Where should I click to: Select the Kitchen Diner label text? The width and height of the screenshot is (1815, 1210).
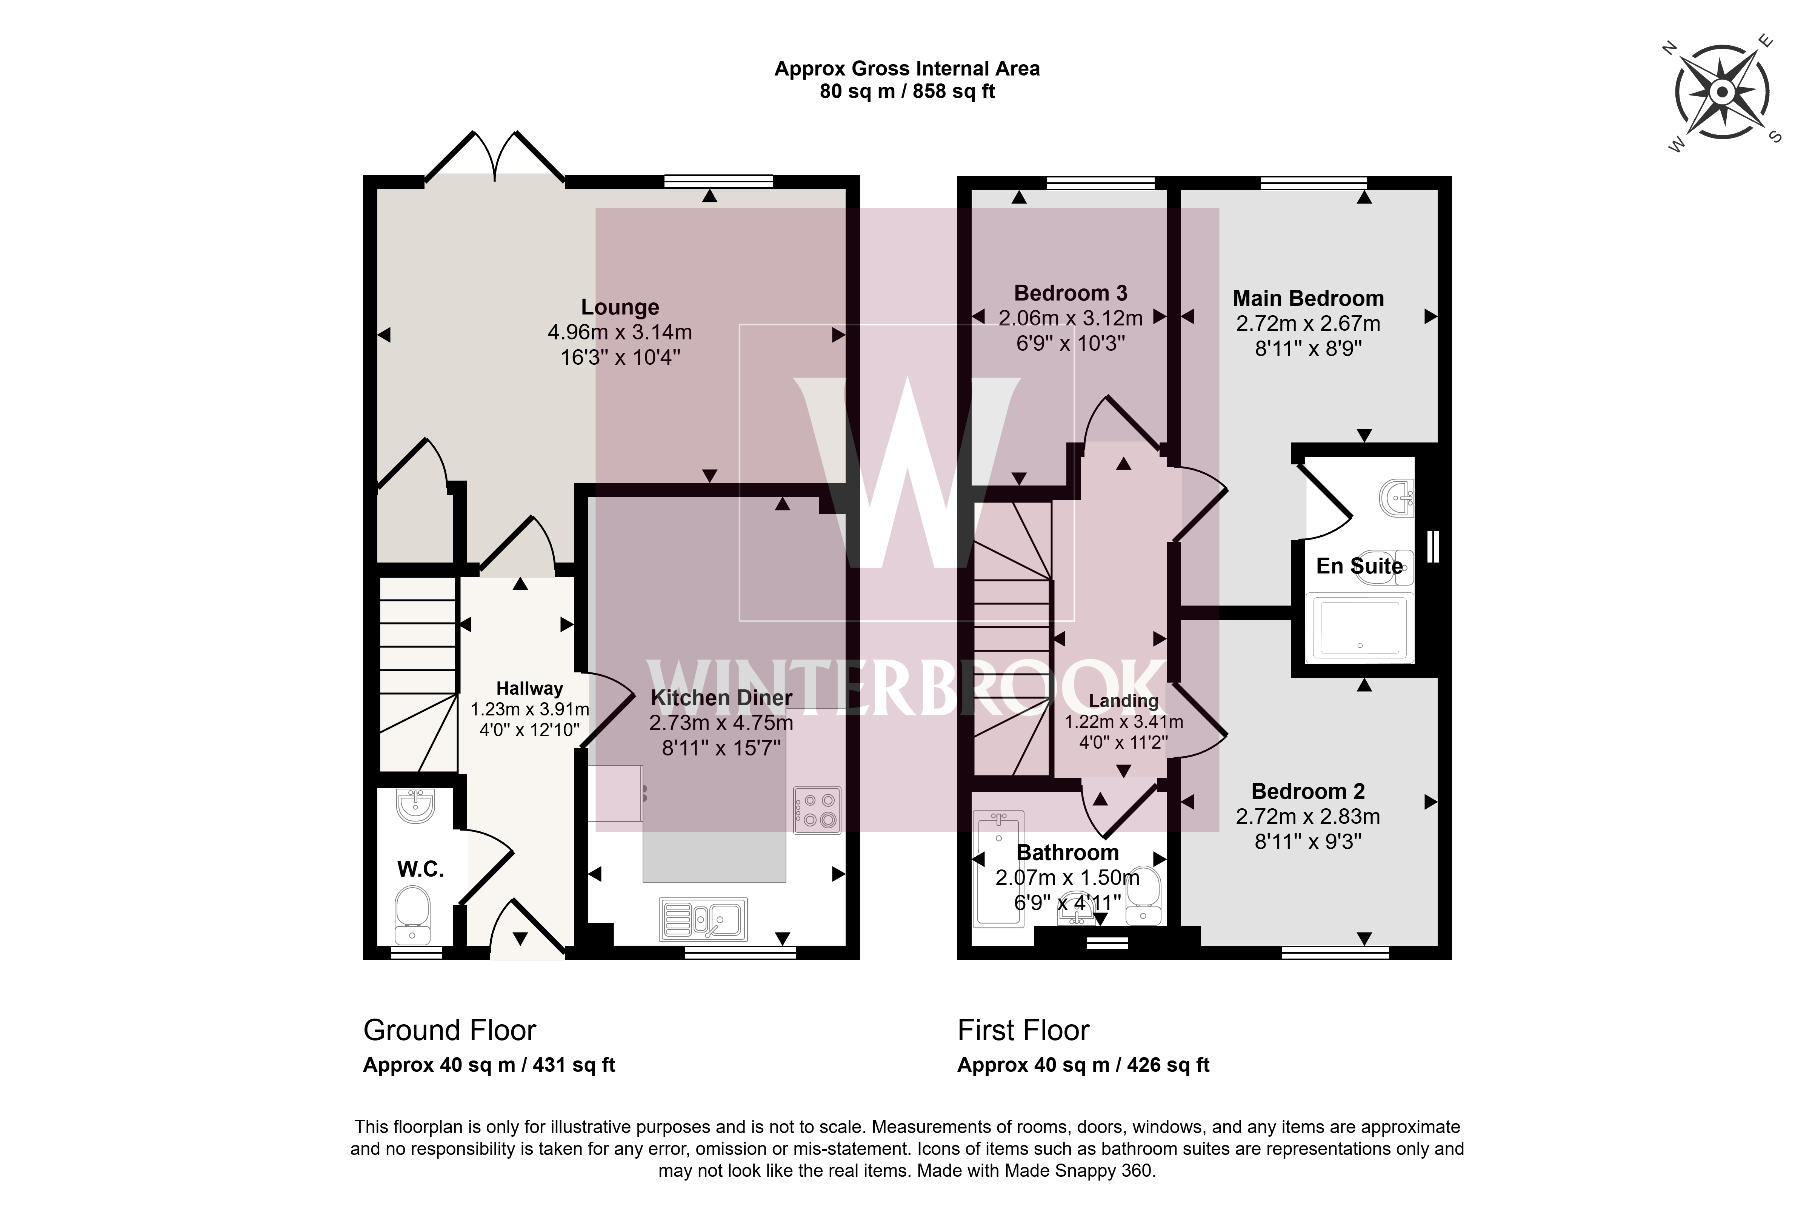[721, 698]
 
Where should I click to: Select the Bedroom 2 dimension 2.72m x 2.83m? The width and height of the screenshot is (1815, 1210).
[1308, 817]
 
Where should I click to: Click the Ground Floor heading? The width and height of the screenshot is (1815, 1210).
[450, 1030]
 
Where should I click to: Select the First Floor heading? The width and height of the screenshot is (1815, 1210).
[1024, 1030]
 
